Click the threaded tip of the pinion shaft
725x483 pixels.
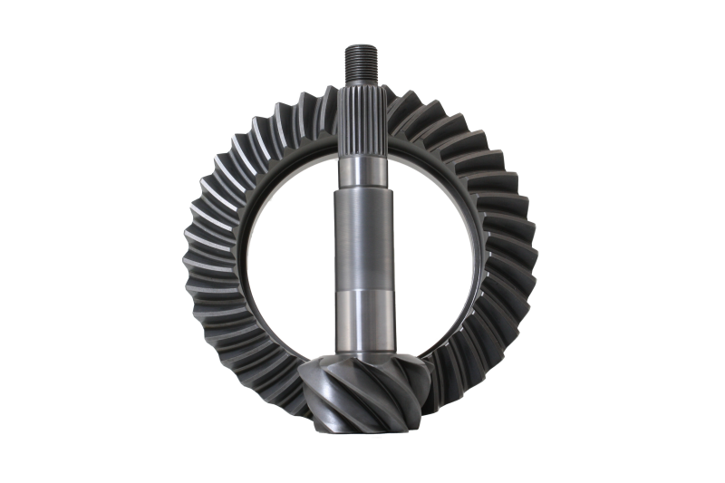(x=362, y=63)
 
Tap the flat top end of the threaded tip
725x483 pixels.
(x=362, y=46)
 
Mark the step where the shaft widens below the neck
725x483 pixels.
(x=362, y=190)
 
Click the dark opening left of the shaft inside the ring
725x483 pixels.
(x=290, y=254)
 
